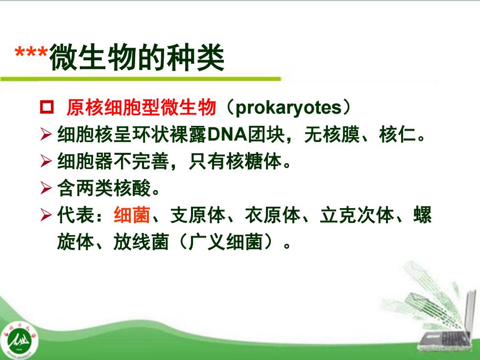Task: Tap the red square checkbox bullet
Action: point(47,107)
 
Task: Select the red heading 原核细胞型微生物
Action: point(142,107)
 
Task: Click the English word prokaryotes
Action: point(288,107)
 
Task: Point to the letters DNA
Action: point(227,134)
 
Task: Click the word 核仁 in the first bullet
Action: point(397,134)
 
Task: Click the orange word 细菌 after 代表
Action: point(132,215)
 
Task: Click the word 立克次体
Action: point(357,215)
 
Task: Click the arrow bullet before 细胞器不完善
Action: point(46,161)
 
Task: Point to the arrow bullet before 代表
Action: point(46,215)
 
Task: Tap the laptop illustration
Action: point(447,321)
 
